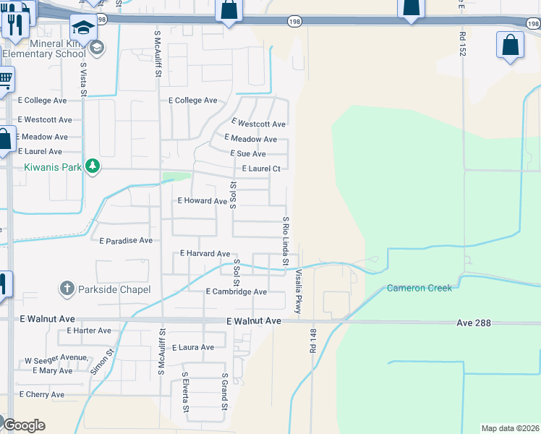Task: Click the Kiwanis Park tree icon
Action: [92, 166]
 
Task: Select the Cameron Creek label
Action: [419, 288]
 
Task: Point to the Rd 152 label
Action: [462, 43]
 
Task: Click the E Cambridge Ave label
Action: [236, 292]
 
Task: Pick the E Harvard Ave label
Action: [205, 254]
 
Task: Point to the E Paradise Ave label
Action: [126, 240]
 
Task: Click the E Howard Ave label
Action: [203, 200]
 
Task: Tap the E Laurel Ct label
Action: [260, 169]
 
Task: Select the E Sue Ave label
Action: [247, 153]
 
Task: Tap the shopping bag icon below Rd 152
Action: [510, 45]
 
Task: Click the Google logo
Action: [24, 425]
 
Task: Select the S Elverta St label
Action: [185, 396]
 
